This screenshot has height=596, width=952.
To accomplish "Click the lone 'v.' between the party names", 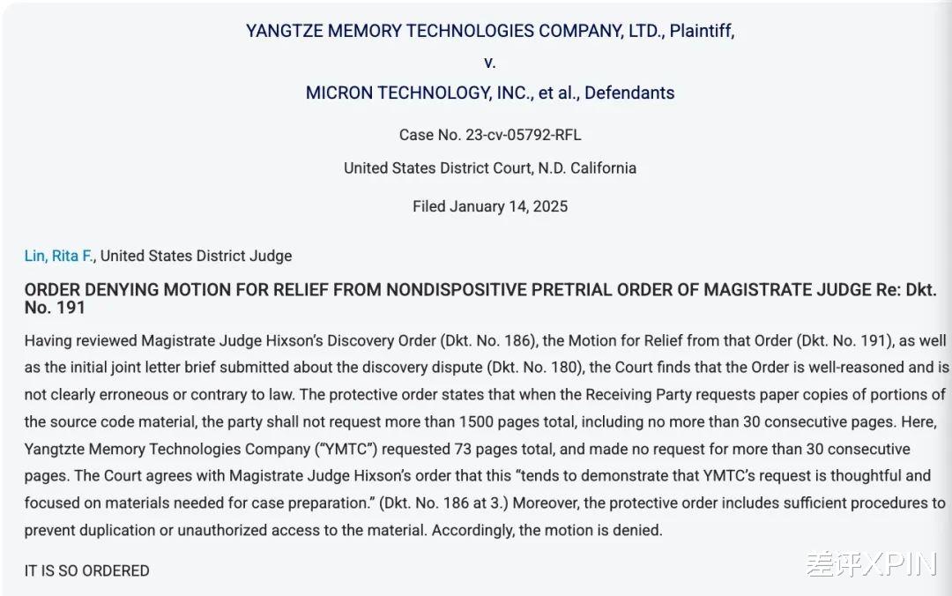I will (490, 63).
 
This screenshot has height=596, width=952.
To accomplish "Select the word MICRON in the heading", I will (340, 93).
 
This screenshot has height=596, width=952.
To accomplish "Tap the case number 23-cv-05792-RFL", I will (523, 135).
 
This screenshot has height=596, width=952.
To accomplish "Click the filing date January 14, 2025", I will (509, 206).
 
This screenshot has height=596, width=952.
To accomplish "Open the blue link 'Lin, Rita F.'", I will (60, 256).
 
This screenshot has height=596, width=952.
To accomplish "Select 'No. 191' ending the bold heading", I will (55, 308).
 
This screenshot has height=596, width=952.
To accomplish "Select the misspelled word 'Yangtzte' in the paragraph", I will (54, 449).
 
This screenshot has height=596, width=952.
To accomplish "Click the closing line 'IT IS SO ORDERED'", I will (86, 570).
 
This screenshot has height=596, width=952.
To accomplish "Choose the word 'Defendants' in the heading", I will (629, 93).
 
